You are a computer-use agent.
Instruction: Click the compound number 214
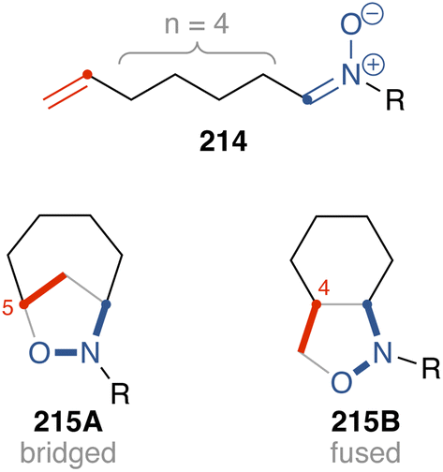click(x=224, y=141)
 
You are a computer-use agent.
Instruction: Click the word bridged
click(x=68, y=453)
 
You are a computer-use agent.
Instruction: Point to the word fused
click(x=365, y=451)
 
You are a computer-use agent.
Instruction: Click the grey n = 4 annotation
click(x=197, y=24)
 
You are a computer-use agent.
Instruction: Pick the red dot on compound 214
click(x=87, y=75)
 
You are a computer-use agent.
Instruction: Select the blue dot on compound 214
click(x=308, y=99)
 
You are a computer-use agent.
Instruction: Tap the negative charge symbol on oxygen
click(x=373, y=15)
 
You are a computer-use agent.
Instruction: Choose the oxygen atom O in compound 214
click(x=351, y=25)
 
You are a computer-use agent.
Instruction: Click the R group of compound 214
click(x=395, y=100)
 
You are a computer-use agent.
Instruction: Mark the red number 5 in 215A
click(x=8, y=308)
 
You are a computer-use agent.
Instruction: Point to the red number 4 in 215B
click(x=324, y=288)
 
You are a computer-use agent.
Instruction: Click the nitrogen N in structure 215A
click(x=90, y=352)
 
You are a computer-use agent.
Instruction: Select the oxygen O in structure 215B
click(x=342, y=382)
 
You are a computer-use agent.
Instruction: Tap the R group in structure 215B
click(x=431, y=368)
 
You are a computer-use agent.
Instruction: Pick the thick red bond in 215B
click(x=308, y=328)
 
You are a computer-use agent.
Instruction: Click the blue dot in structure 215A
click(x=107, y=303)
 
